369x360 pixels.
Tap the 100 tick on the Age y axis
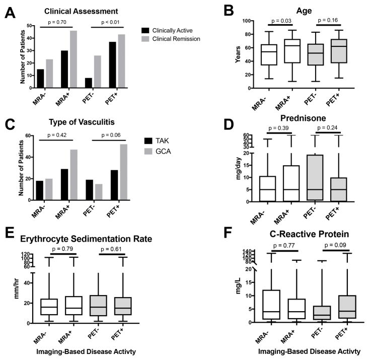(236, 21)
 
